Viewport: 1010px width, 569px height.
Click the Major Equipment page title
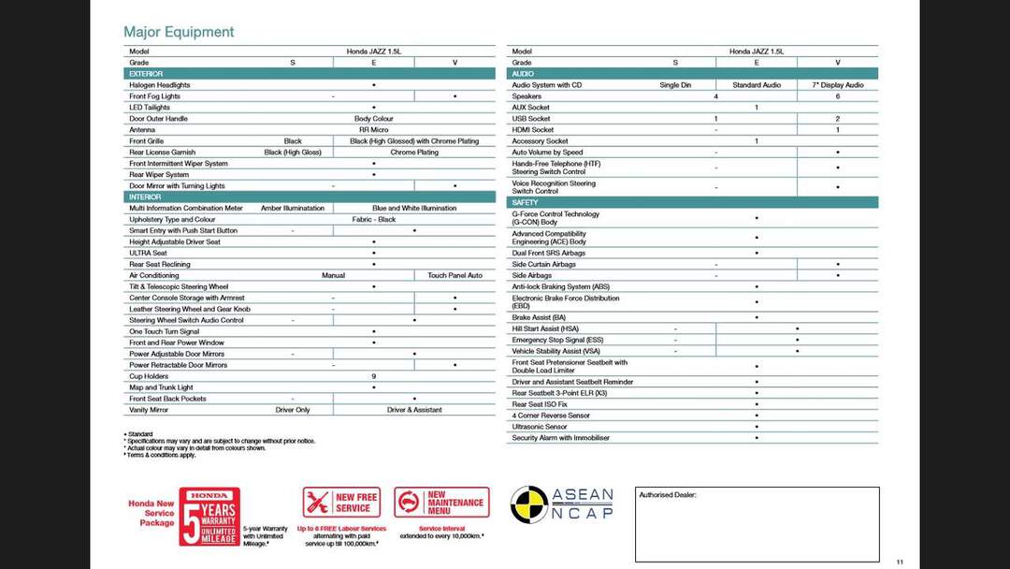(x=179, y=32)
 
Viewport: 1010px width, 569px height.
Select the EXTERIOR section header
(x=146, y=74)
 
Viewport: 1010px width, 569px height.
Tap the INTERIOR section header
(x=145, y=197)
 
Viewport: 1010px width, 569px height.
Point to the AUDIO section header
(x=523, y=74)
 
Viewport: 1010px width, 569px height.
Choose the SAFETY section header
(x=525, y=202)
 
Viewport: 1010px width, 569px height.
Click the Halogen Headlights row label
(x=159, y=85)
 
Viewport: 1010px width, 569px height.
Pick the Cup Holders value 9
(x=373, y=376)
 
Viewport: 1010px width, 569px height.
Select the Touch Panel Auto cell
(x=454, y=276)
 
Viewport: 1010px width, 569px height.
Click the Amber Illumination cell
(x=293, y=209)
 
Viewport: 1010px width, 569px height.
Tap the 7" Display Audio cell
(x=837, y=85)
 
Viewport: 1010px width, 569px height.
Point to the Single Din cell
(x=675, y=85)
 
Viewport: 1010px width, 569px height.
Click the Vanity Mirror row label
(x=148, y=410)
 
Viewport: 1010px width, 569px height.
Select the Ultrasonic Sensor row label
(x=540, y=427)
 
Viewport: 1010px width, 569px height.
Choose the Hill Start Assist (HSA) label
(x=545, y=329)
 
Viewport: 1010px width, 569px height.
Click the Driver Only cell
(x=293, y=410)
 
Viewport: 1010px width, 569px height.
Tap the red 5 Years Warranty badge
(x=209, y=517)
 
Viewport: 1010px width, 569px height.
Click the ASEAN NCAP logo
(x=562, y=504)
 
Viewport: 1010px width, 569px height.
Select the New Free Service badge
(x=341, y=503)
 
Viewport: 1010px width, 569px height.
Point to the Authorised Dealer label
(x=668, y=495)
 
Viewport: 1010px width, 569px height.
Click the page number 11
(x=899, y=562)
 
